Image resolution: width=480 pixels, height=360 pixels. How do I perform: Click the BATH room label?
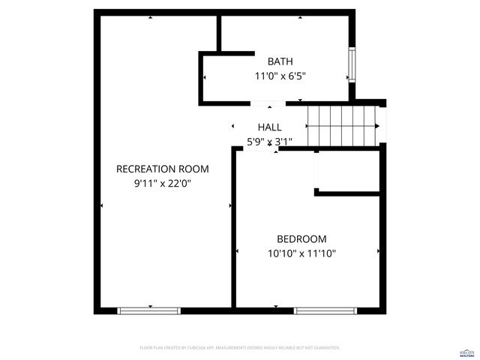280,61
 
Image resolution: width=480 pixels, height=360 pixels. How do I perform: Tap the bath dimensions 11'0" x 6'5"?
280,76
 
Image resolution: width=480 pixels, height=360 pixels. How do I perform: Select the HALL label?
269,127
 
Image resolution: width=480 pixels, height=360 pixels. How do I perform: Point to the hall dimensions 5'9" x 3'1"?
269,141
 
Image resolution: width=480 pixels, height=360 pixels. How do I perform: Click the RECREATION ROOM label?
162,169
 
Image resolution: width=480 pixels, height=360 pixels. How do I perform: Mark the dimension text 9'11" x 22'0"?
162,182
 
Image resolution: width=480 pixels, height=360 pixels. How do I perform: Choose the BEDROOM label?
301,239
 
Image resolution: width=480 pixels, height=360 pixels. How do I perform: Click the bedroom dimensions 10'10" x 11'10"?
301,253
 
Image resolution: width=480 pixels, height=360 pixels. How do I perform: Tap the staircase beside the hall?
341,125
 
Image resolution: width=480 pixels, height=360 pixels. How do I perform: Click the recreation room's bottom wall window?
149,310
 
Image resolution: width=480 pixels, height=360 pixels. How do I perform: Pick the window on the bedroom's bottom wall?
324,310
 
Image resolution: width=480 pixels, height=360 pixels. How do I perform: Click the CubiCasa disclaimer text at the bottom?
240,348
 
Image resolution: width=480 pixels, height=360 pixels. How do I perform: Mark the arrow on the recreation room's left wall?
102,205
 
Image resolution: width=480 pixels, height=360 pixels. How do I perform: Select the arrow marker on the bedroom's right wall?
378,250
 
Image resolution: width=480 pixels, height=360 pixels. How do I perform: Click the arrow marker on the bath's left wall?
204,76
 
